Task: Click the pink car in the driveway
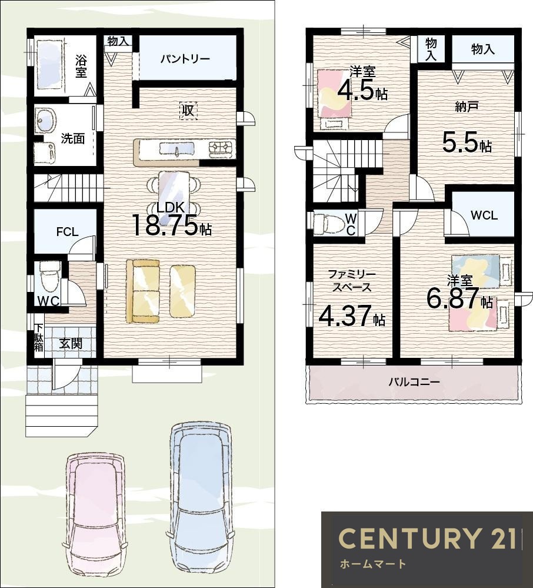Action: pyautogui.click(x=96, y=519)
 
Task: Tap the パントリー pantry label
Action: pyautogui.click(x=185, y=59)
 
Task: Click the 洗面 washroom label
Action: pyautogui.click(x=73, y=138)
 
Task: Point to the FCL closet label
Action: pyautogui.click(x=68, y=232)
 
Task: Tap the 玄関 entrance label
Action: pyautogui.click(x=71, y=343)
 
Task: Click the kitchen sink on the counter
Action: pyautogui.click(x=177, y=149)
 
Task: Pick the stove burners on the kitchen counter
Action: pyautogui.click(x=222, y=147)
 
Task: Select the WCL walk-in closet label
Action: pyautogui.click(x=484, y=215)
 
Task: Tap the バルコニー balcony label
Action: pyautogui.click(x=414, y=382)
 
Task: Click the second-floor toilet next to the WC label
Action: pyautogui.click(x=328, y=224)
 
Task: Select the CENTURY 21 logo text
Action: pyautogui.click(x=427, y=538)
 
